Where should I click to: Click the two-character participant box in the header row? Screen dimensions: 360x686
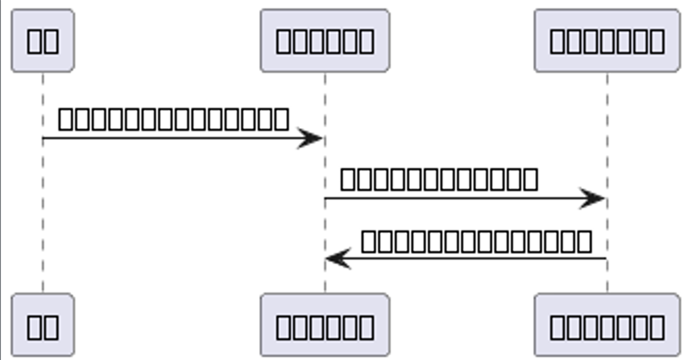coord(43,41)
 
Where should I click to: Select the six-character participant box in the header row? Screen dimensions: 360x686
coord(325,41)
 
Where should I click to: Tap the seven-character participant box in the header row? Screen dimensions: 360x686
coord(607,41)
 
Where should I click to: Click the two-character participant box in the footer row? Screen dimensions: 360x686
coord(43,325)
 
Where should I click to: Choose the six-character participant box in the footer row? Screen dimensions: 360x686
coord(325,325)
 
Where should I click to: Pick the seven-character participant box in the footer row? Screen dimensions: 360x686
coord(607,325)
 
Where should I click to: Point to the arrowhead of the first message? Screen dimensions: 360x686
coord(311,138)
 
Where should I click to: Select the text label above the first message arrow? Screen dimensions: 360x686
coord(174,120)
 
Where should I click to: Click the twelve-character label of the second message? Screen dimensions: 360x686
coord(439,179)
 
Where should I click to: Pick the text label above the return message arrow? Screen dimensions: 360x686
coord(476,241)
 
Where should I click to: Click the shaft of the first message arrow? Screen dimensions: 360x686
coord(168,138)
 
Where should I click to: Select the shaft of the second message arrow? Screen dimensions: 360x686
coord(448,198)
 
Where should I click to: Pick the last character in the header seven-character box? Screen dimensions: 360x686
coord(656,41)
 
